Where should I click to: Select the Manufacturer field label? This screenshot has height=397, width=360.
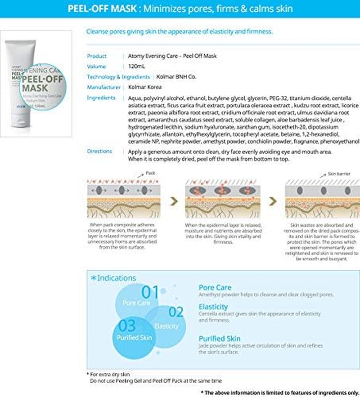(x=103, y=87)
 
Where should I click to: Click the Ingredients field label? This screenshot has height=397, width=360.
(x=101, y=98)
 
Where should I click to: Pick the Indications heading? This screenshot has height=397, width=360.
(x=113, y=278)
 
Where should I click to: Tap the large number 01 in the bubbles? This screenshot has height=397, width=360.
(x=150, y=292)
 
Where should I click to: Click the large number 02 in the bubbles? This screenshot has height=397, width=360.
(x=176, y=312)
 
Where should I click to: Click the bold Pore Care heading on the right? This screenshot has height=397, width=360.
(x=215, y=287)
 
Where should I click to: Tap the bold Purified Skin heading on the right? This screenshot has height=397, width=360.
(x=220, y=338)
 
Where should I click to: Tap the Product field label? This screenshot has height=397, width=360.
(x=97, y=56)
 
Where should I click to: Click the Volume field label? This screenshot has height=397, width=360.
(x=96, y=67)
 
